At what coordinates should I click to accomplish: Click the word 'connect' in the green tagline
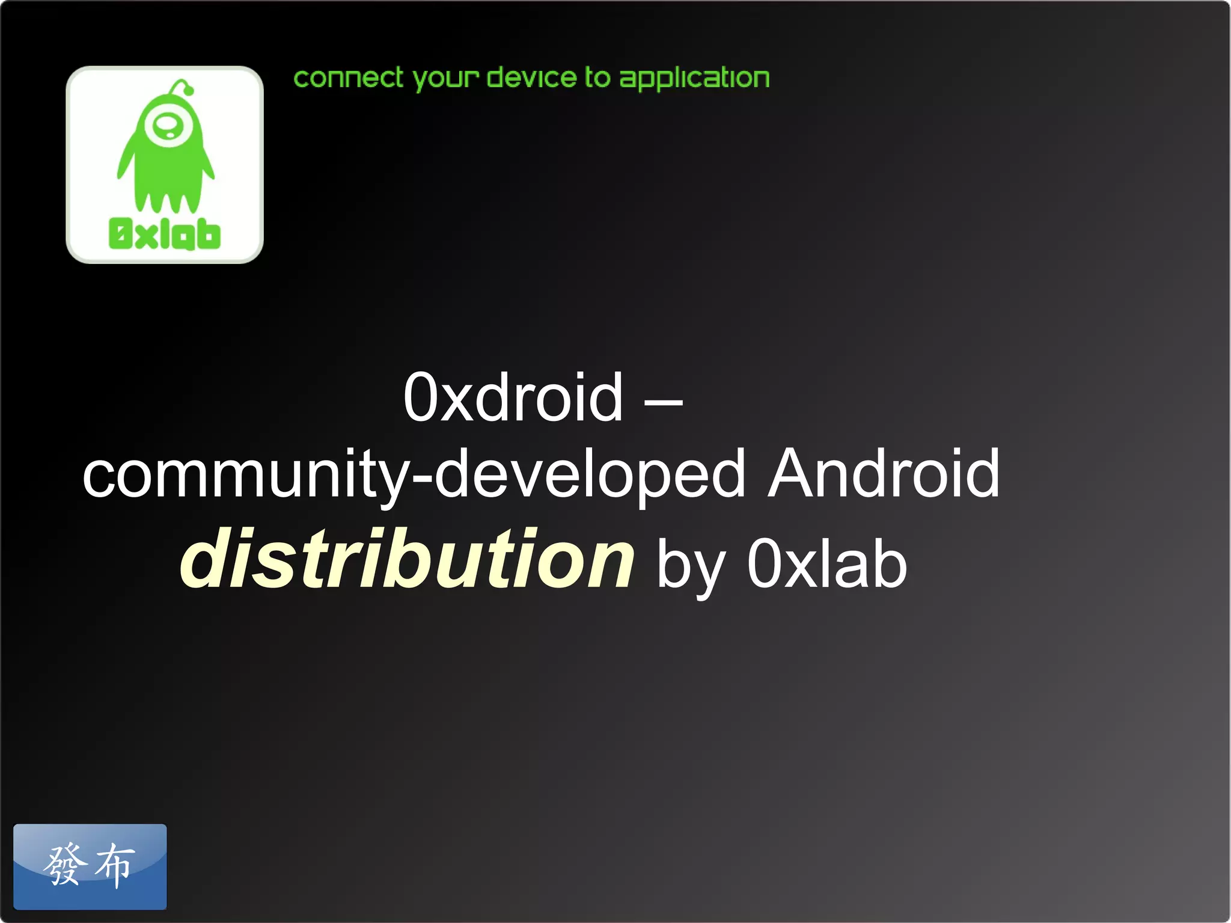348,78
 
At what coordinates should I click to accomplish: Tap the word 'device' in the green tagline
531,78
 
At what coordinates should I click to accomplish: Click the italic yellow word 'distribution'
407,559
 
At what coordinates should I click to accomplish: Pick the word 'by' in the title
691,565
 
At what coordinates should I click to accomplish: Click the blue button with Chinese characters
90,866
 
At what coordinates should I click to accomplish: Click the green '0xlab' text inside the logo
164,234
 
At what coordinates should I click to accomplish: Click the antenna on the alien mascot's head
183,87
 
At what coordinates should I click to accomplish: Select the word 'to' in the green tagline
597,78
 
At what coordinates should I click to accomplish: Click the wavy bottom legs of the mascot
166,198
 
